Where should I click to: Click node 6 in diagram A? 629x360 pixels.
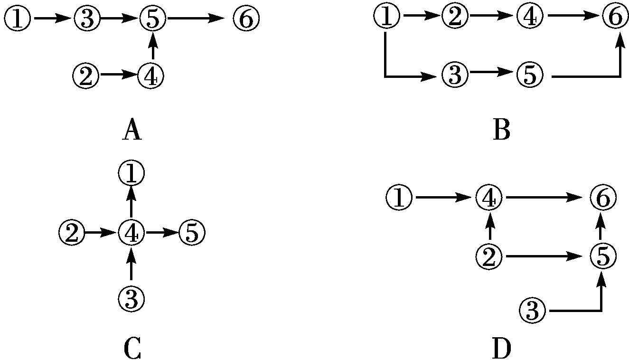[246, 19]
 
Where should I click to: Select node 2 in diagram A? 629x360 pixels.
[86, 75]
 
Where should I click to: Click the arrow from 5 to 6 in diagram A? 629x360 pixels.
[196, 19]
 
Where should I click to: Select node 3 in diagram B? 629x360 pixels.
[455, 75]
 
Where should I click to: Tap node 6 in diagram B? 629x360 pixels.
[616, 18]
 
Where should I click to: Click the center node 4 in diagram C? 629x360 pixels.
[131, 233]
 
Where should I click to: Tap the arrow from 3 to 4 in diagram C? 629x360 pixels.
[131, 264]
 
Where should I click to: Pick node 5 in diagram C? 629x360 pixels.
[192, 233]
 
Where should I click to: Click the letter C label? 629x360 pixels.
[132, 349]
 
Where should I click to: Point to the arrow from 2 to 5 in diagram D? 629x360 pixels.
[545, 257]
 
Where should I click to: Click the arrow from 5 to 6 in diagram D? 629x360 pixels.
[601, 227]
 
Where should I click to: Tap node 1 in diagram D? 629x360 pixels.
[400, 198]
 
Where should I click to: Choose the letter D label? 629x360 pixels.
[501, 349]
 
